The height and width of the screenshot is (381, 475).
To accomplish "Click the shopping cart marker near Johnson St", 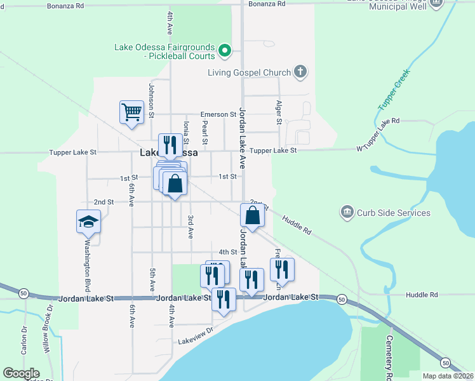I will pos(131,112).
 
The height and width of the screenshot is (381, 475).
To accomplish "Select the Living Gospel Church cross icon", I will pos(300,72).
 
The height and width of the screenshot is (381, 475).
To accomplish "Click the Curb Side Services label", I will pos(393,213).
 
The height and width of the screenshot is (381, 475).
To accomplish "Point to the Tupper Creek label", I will pos(394,89).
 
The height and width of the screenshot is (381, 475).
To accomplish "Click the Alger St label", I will pos(279,111).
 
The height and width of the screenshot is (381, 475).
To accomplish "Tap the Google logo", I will pos(21,373).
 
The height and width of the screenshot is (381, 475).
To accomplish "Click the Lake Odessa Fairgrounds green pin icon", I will pos(224,50).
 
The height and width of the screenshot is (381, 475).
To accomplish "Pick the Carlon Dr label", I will pos(23,340).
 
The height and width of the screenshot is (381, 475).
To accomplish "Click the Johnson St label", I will pos(152,100).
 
